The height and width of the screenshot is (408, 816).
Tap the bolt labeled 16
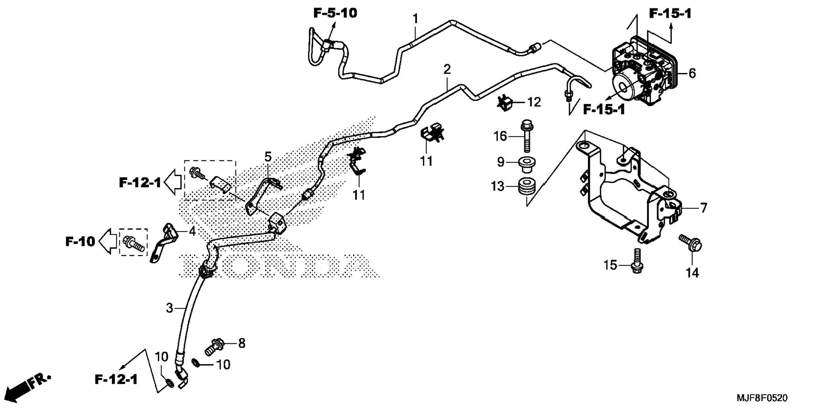coord(526,136)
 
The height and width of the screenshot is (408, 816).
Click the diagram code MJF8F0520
coord(762,398)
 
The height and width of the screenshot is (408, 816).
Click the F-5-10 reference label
coord(335,13)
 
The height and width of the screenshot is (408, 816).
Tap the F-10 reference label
coord(80,242)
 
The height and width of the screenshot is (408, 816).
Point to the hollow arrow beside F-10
coord(108,242)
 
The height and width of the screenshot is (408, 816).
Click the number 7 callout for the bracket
coord(703,208)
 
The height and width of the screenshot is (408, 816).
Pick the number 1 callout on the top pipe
coord(415,19)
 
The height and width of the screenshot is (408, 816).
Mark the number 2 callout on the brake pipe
coord(447,69)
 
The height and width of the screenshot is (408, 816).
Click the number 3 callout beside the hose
coord(169,308)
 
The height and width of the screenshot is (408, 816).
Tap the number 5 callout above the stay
coord(268,157)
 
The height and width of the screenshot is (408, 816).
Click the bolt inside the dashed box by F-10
coord(133,243)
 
